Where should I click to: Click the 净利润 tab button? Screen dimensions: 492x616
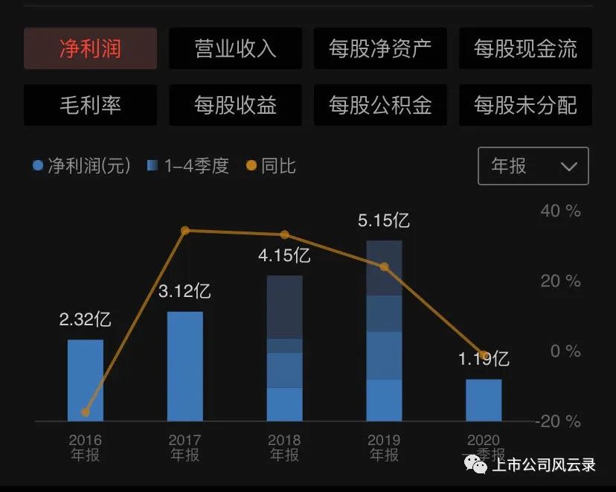[90, 48]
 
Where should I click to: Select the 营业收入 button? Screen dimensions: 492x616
[235, 48]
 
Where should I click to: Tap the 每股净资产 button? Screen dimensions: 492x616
[380, 48]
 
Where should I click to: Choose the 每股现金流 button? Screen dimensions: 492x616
[525, 48]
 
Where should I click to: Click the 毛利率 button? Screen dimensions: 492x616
[90, 105]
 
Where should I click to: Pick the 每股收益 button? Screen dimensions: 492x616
[235, 105]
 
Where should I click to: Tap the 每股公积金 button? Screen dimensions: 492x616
[380, 105]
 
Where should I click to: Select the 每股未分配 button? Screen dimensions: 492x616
[525, 105]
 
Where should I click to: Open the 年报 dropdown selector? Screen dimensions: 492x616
[533, 166]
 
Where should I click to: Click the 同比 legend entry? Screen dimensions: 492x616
[272, 166]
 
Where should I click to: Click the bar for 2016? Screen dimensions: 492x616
[86, 380]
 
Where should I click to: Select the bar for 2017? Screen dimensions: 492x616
[185, 366]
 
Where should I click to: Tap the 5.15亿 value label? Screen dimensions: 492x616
[384, 220]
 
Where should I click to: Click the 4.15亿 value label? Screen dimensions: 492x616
[284, 256]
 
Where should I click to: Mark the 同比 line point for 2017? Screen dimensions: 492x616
[185, 231]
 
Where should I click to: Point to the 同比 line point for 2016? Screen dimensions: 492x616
[86, 412]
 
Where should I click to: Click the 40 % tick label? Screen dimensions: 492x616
[560, 211]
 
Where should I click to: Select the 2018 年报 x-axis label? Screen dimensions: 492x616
[284, 447]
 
